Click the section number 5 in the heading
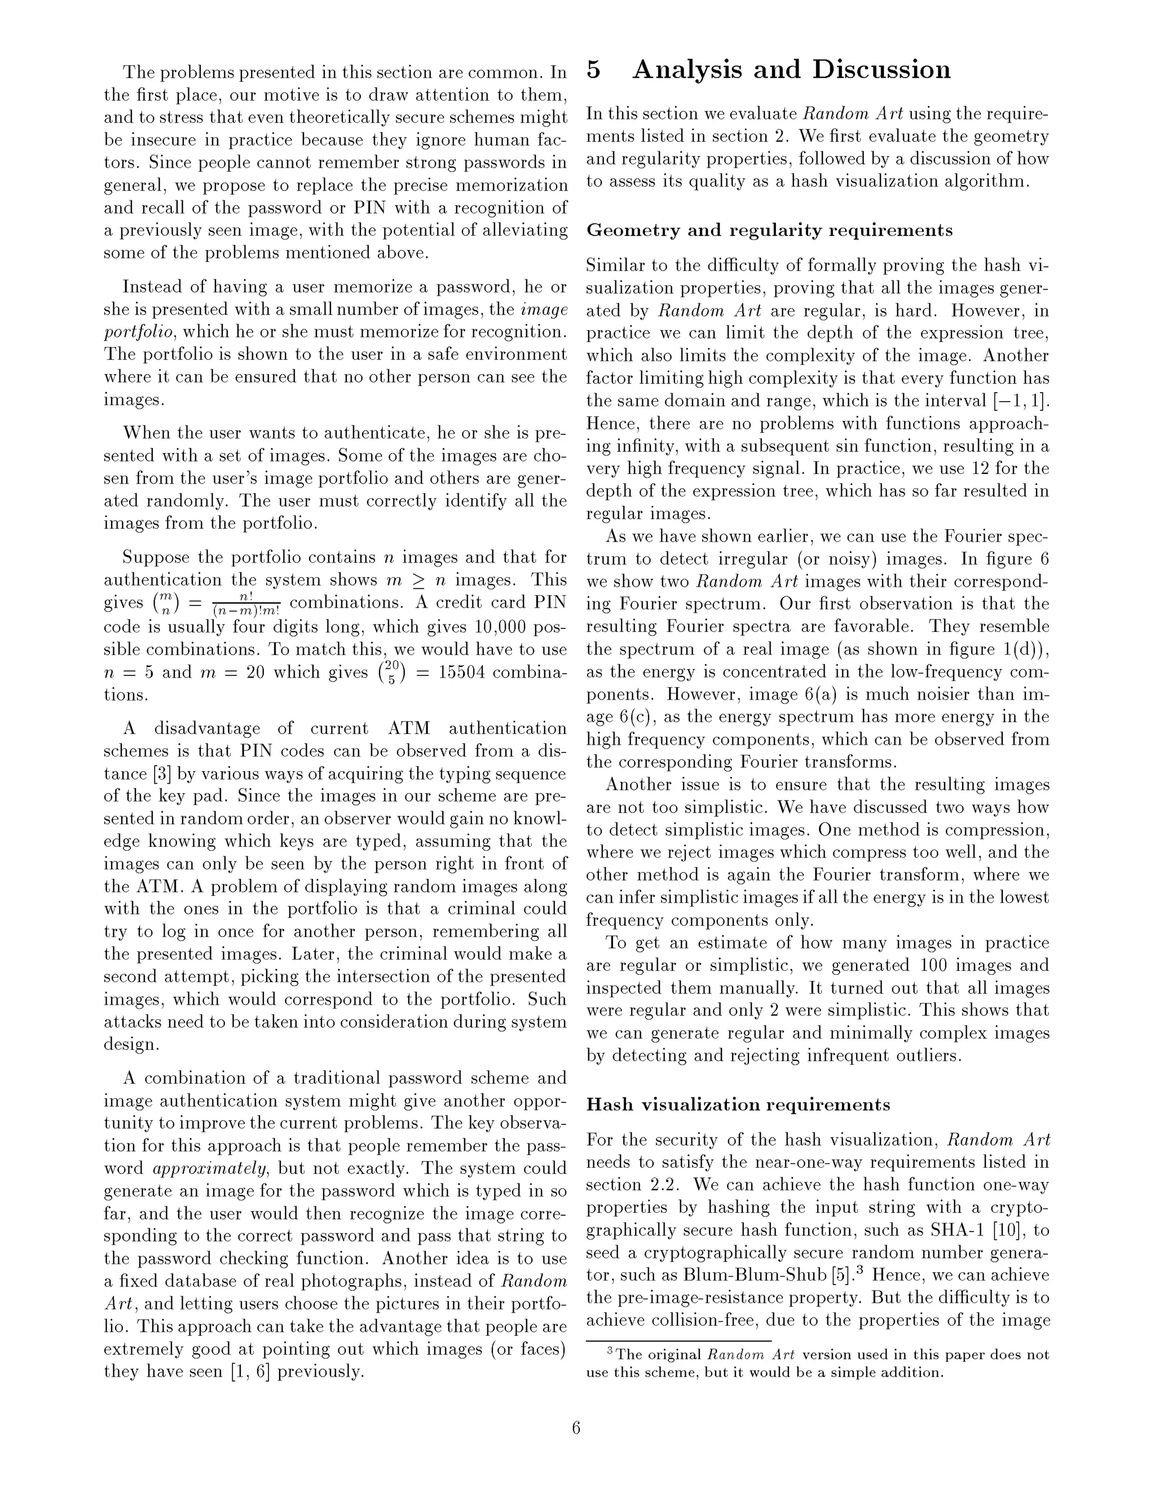594,71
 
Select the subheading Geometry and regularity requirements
769,231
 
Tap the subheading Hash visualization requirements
738,1105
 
